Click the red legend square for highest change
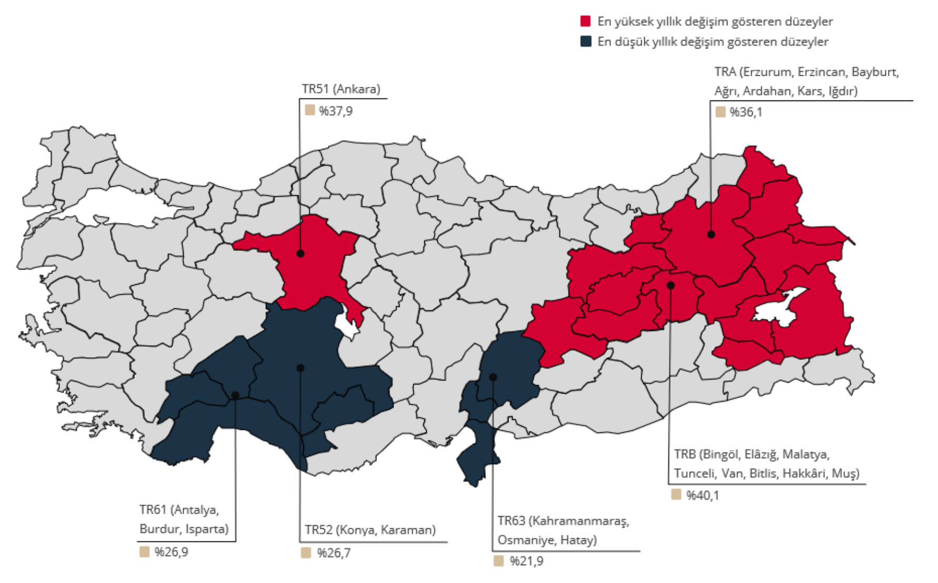point(585,21)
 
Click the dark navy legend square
point(585,41)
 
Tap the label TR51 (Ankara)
point(341,89)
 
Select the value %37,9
point(335,111)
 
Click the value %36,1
point(745,112)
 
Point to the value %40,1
point(702,495)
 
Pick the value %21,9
point(526,561)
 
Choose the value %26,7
point(334,553)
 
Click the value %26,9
point(171,552)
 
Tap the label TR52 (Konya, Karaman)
point(370,530)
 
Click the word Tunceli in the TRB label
point(695,473)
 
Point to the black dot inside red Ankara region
point(300,254)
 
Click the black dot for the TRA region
point(711,235)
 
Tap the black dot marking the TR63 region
point(493,377)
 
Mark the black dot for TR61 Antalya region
point(235,395)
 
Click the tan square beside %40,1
point(676,495)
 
